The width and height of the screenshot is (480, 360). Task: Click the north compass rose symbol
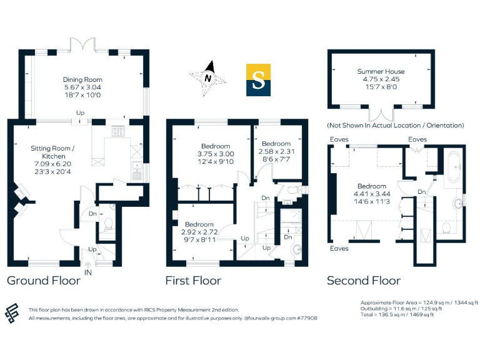(x=209, y=78)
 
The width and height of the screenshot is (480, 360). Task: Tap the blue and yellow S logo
(x=258, y=79)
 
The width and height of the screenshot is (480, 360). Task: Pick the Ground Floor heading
(x=43, y=281)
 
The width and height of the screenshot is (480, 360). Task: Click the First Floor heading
(x=193, y=281)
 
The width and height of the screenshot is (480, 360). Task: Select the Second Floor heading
(x=364, y=281)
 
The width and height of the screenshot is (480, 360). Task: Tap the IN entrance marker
(x=87, y=272)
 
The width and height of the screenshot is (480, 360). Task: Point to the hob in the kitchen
(x=117, y=131)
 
